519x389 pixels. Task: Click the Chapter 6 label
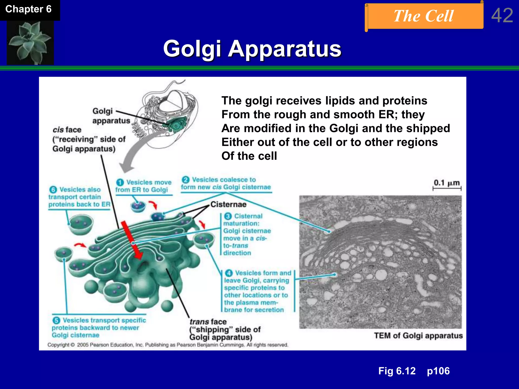click(28, 9)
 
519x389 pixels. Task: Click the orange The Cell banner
click(424, 16)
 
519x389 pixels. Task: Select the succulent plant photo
click(30, 42)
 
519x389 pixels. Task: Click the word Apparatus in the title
click(285, 49)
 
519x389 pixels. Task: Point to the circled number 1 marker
click(120, 182)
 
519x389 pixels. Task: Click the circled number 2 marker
click(186, 180)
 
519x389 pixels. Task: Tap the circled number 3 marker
click(228, 216)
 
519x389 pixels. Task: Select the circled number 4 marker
click(229, 273)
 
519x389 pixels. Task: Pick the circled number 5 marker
click(56, 320)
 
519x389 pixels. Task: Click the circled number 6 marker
click(53, 189)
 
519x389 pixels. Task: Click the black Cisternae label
click(228, 204)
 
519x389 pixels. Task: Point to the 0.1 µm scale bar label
click(447, 183)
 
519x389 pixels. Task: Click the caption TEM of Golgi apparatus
click(418, 336)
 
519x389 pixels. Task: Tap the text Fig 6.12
click(397, 371)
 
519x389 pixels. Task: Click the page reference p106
click(438, 371)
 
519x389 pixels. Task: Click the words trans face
click(208, 322)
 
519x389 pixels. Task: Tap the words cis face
click(67, 130)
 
